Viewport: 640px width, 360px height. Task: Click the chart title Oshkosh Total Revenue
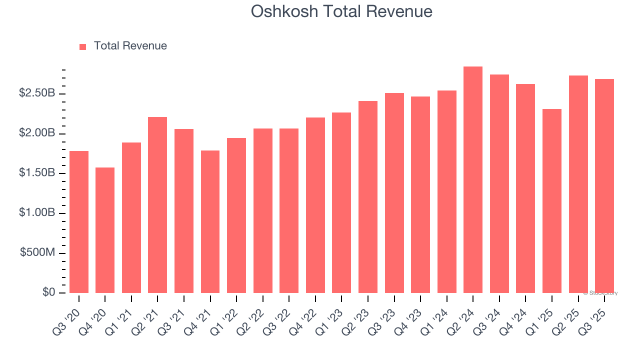click(x=341, y=11)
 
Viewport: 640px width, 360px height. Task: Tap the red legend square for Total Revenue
click(x=83, y=46)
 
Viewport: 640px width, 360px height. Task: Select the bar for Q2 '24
click(x=473, y=180)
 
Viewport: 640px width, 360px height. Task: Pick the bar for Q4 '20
click(x=105, y=230)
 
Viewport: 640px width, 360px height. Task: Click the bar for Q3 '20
click(x=79, y=222)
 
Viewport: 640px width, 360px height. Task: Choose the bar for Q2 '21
click(x=157, y=205)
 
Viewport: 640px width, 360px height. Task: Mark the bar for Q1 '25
click(x=552, y=201)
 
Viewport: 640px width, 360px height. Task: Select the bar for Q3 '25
click(x=604, y=186)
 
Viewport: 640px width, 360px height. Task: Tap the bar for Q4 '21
click(x=210, y=221)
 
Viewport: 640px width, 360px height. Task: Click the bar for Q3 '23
click(x=394, y=193)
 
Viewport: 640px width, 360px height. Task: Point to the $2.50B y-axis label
click(x=37, y=93)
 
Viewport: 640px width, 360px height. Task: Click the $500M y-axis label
click(x=38, y=253)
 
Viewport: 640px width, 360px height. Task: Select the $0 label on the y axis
click(x=48, y=292)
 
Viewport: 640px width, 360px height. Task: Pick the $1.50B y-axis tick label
click(x=37, y=173)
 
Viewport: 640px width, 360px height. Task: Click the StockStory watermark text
click(x=600, y=293)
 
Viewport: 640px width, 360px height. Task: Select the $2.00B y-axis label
click(x=37, y=133)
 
